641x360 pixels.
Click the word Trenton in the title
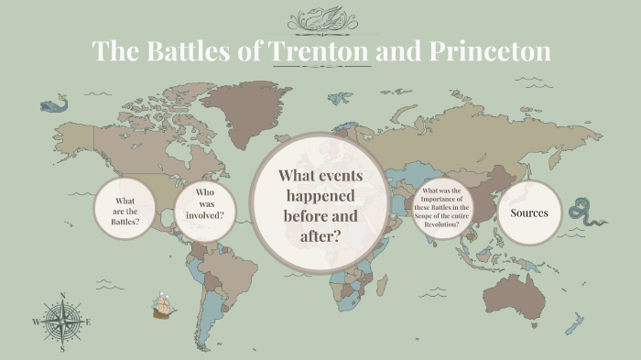[x=320, y=50]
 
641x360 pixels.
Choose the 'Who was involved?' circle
[x=204, y=210]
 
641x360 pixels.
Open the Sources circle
[x=530, y=213]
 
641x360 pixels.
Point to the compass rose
[x=62, y=322]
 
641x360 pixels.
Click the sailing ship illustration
[x=164, y=306]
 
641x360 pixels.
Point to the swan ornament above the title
[x=320, y=17]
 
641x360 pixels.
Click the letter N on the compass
[x=62, y=296]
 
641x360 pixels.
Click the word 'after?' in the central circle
[x=320, y=235]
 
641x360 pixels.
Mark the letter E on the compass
[x=88, y=322]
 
